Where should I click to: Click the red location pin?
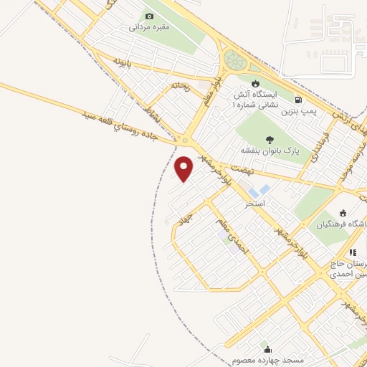point(184,168)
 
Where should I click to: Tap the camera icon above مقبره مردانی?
point(149,16)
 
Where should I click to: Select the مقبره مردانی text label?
point(148,28)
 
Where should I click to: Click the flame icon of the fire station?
point(256,81)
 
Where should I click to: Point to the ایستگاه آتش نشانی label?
point(252,99)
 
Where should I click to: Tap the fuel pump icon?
point(297,100)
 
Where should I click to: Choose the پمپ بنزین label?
point(297,112)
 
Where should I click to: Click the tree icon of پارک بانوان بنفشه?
point(269,140)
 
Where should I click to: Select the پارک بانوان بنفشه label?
point(267,151)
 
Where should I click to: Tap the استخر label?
point(254,204)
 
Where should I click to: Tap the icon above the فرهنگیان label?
point(343,213)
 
